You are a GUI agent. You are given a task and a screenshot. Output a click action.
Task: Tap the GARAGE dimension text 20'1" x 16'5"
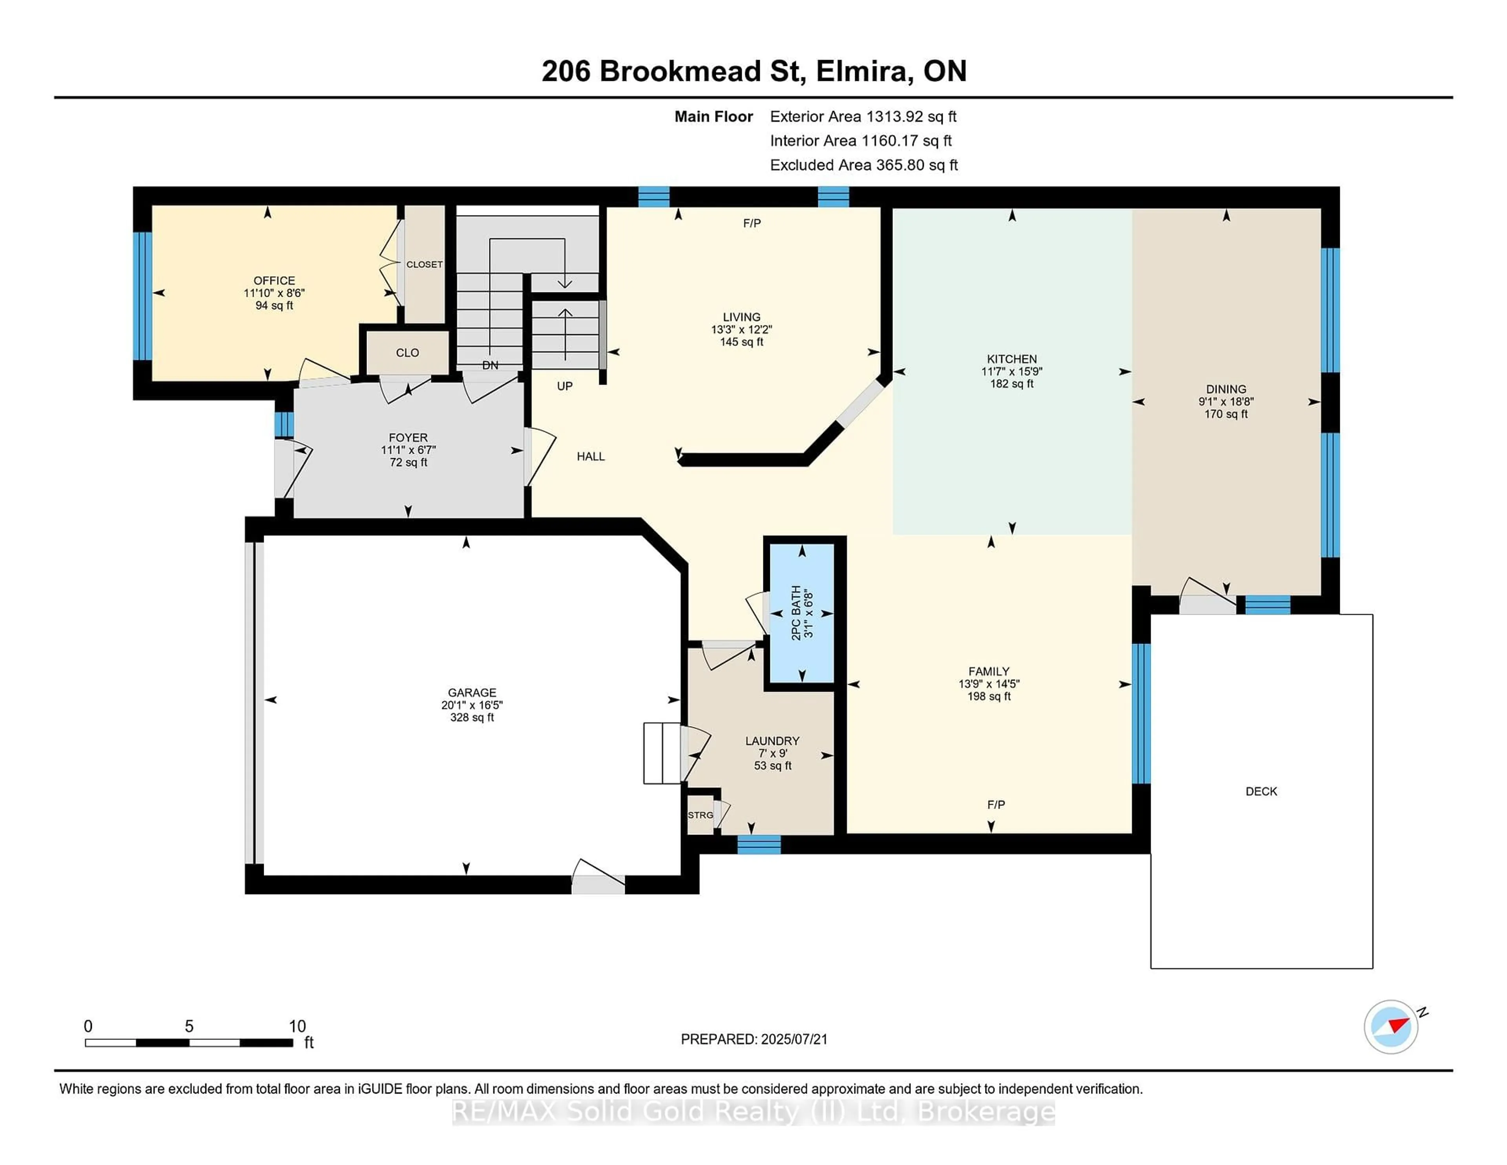[472, 705]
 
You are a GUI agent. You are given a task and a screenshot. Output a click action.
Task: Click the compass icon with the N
[1391, 1026]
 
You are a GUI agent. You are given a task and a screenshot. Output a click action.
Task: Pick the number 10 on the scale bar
[297, 1026]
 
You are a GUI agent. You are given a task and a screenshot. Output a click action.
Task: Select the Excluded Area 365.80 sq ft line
[864, 165]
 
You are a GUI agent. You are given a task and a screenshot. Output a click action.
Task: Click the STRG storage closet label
[701, 815]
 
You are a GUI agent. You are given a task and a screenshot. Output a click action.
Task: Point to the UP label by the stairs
[564, 387]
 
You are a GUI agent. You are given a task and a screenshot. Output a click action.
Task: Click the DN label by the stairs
[490, 365]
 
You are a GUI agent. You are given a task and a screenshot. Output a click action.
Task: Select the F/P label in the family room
[996, 805]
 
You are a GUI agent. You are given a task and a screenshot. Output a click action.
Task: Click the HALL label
[591, 456]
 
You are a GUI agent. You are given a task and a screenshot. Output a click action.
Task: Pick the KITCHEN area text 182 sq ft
[1012, 384]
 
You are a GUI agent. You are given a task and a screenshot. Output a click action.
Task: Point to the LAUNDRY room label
[772, 741]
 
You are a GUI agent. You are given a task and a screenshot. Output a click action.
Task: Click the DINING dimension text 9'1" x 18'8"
[1226, 402]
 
